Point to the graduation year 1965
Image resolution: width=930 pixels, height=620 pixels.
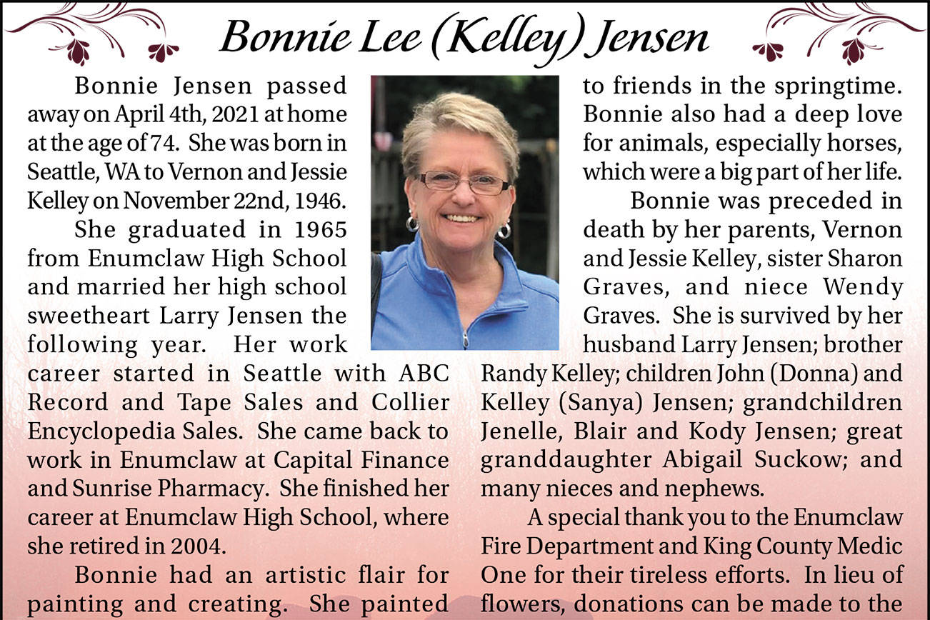click(320, 230)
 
